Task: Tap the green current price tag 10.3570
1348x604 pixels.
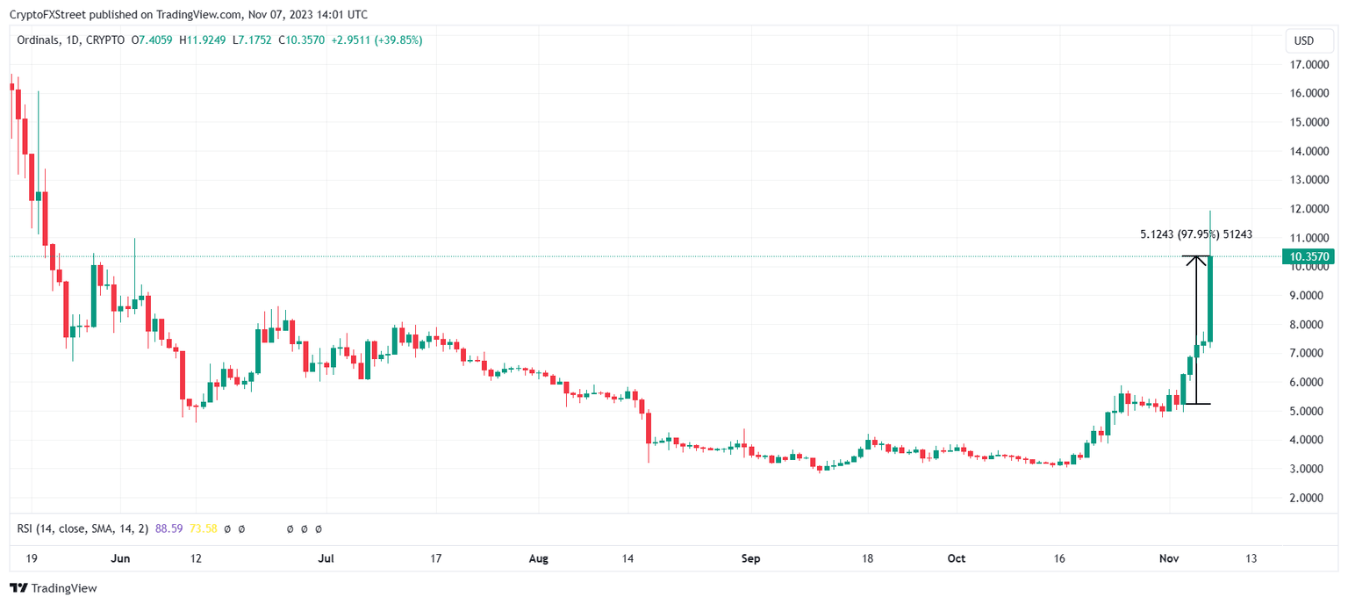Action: (1308, 256)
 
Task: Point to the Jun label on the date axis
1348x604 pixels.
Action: (121, 558)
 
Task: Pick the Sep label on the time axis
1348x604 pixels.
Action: (751, 558)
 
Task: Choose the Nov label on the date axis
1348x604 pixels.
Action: (1170, 558)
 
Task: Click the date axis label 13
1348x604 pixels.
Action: (1251, 558)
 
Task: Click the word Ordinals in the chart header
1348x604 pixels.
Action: (39, 40)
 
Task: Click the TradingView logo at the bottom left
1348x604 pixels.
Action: (54, 588)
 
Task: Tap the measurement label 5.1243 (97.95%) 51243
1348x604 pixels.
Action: (1195, 234)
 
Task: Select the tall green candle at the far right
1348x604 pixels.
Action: (1210, 298)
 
